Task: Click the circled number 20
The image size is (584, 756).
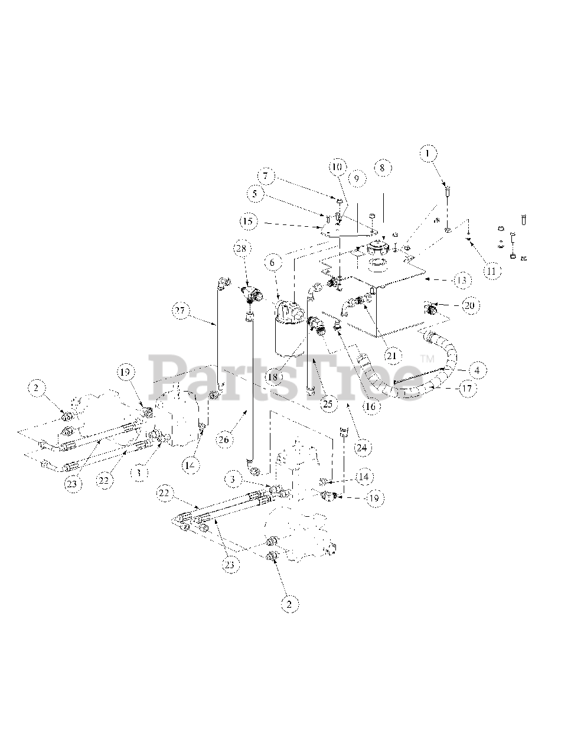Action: tap(470, 305)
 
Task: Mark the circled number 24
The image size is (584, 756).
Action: tap(362, 447)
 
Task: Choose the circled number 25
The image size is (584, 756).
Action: tap(327, 403)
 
